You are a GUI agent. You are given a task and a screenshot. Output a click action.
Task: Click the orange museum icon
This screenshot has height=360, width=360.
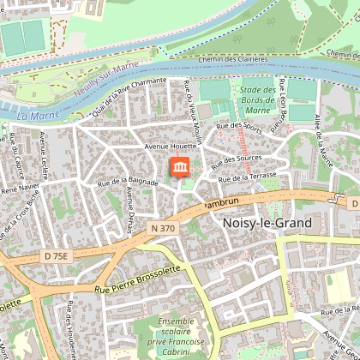[181, 166]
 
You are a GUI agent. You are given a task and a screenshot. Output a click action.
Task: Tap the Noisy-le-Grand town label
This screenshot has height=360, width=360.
[266, 221]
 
